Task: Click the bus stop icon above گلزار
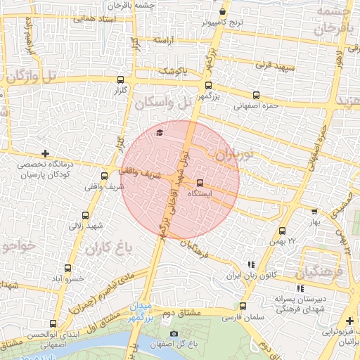coord(121,79)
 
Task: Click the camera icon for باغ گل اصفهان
coord(174,333)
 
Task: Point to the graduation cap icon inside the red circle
coord(160,131)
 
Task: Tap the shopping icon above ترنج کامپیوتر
coord(223,11)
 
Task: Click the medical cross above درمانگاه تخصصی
coord(46,153)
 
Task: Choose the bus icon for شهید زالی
coord(86,215)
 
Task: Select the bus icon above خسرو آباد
coord(68,268)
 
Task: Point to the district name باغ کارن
coord(108,249)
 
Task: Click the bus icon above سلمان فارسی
coord(243,306)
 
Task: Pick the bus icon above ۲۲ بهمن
coord(282,231)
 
